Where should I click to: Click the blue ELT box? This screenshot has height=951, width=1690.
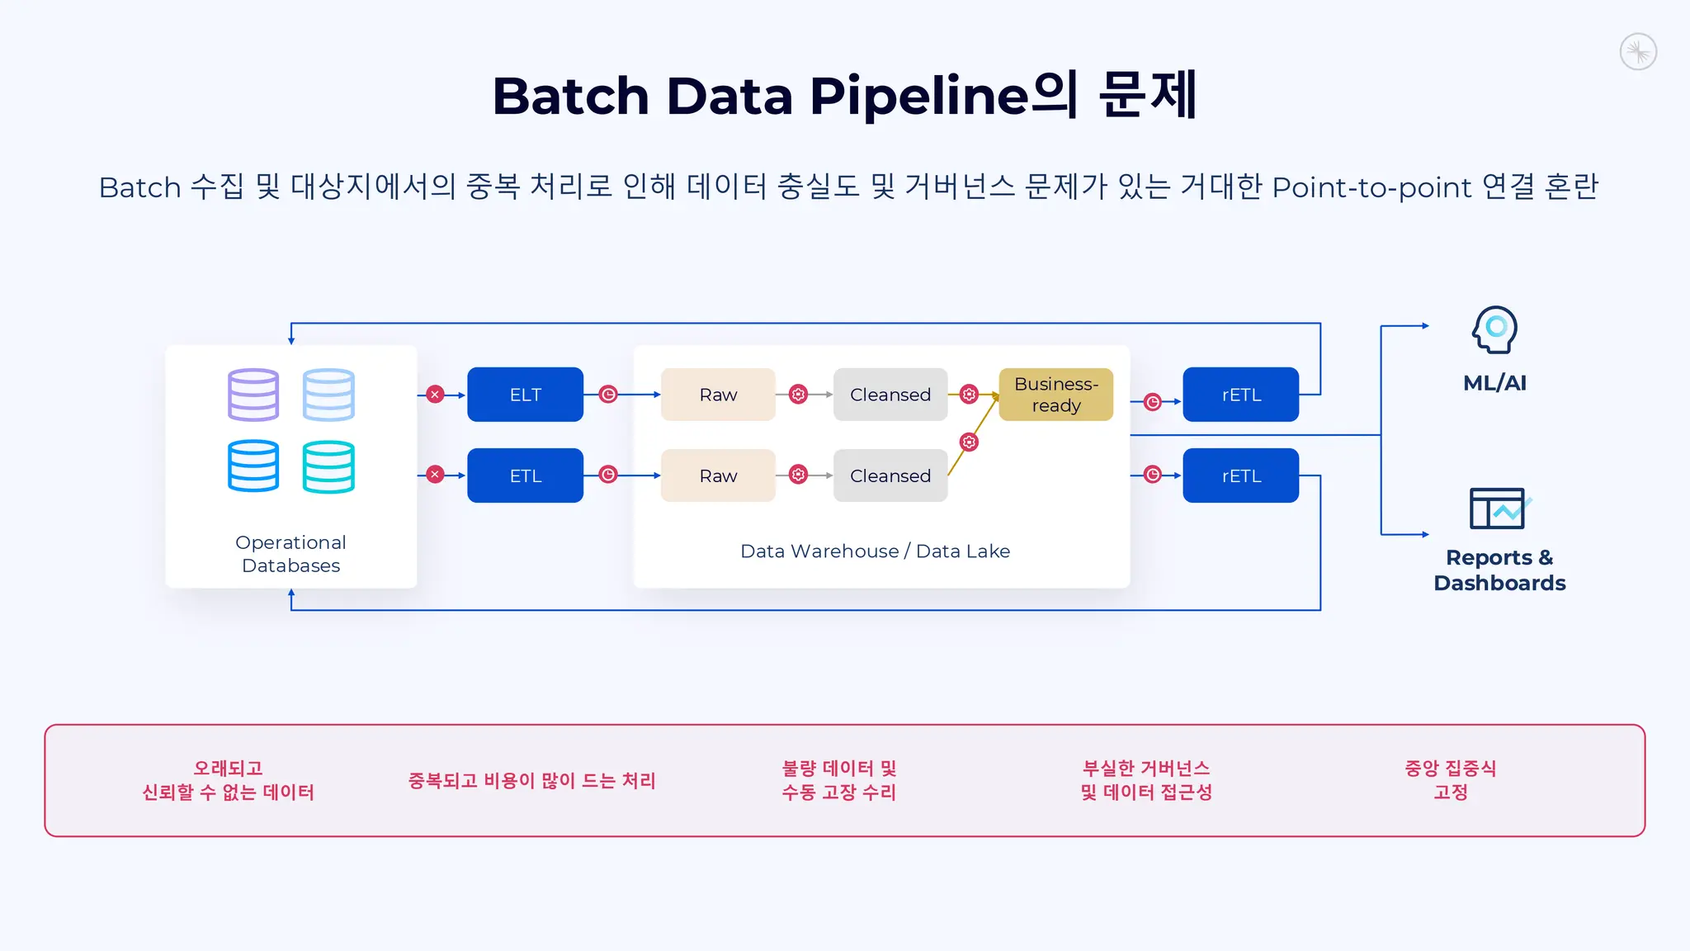click(x=525, y=395)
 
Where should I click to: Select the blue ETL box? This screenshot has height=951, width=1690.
click(x=525, y=475)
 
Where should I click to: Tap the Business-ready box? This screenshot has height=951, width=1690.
click(x=1055, y=395)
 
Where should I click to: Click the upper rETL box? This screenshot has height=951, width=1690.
click(x=1240, y=395)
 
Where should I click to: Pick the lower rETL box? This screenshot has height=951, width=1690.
click(x=1240, y=475)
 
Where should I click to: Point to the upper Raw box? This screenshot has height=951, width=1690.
click(x=718, y=395)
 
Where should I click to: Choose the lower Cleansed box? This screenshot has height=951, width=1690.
click(x=890, y=475)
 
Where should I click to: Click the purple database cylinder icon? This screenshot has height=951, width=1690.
click(x=253, y=395)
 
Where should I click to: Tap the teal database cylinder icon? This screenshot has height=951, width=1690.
click(x=328, y=466)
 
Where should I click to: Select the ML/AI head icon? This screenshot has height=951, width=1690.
click(x=1494, y=329)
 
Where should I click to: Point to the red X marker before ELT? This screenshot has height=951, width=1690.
click(x=436, y=395)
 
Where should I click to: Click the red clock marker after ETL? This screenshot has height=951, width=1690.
click(x=608, y=475)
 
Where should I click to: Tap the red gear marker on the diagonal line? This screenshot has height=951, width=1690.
click(x=969, y=442)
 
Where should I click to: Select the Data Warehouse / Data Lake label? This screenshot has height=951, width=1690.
click(x=875, y=551)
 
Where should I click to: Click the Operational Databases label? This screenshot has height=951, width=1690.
click(x=290, y=554)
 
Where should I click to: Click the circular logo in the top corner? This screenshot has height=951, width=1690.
click(x=1638, y=52)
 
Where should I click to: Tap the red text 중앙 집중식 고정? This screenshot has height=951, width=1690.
click(x=1450, y=780)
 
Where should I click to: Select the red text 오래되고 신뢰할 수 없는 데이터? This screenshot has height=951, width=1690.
click(x=228, y=780)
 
